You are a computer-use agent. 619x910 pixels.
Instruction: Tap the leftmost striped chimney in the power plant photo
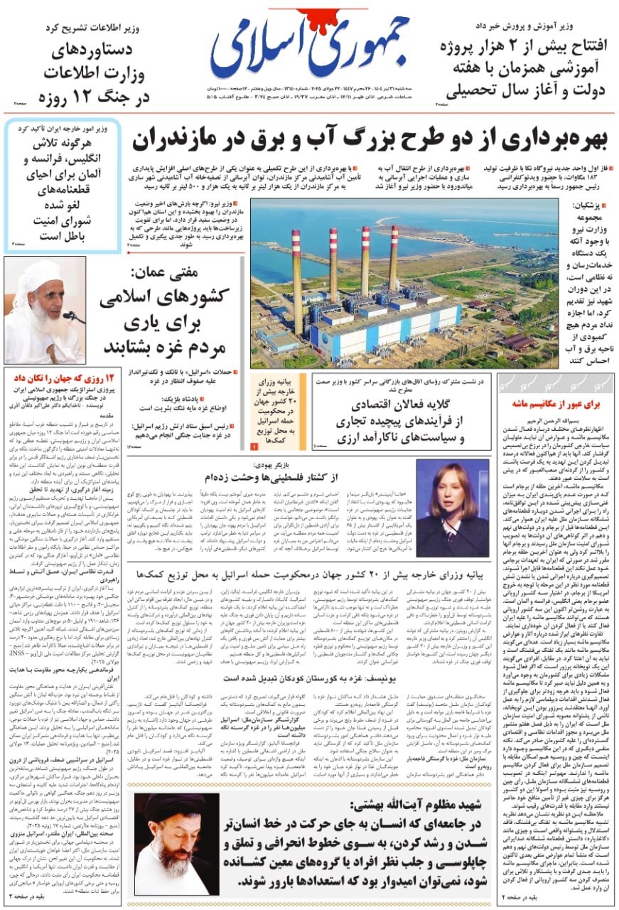pyautogui.click(x=296, y=277)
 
